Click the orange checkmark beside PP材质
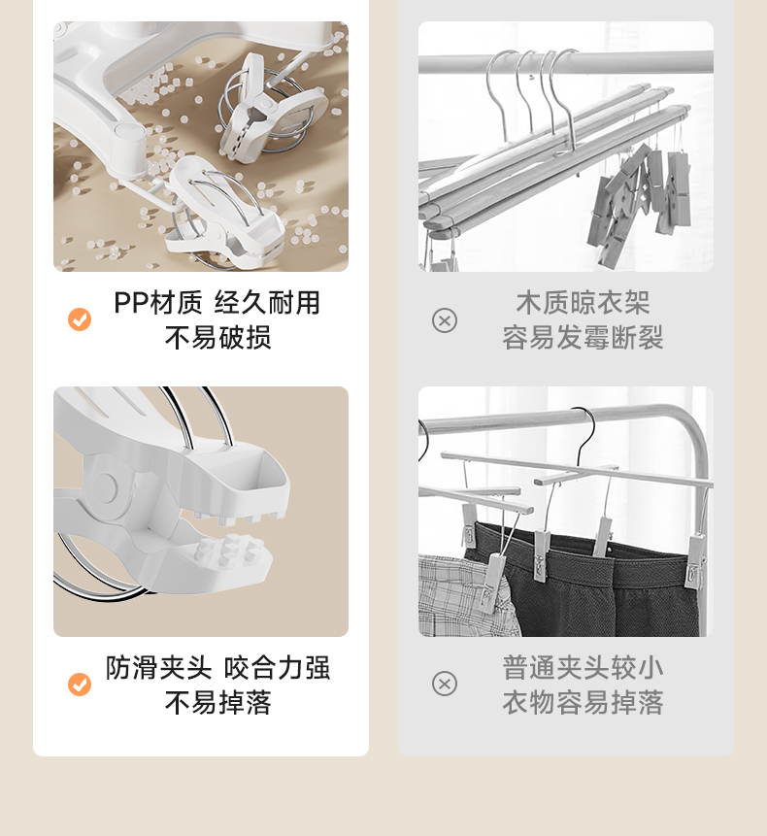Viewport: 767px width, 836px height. pos(80,319)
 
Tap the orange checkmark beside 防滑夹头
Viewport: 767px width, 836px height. pos(80,685)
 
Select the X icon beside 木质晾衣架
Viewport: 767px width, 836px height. pos(445,320)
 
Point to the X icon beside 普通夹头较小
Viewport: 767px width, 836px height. pos(445,685)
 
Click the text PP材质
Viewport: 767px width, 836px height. pos(158,303)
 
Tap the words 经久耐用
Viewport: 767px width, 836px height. pos(267,303)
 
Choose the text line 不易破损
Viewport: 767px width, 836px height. pos(218,338)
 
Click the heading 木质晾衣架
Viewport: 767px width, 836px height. pos(583,303)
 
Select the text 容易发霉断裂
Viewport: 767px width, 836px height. pos(583,338)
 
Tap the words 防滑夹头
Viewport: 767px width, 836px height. pos(159,668)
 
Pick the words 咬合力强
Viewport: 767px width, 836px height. pos(277,668)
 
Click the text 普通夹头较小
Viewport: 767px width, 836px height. pos(583,668)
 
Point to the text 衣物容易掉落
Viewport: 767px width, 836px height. pos(583,703)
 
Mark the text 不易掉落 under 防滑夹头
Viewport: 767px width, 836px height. pos(218,703)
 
